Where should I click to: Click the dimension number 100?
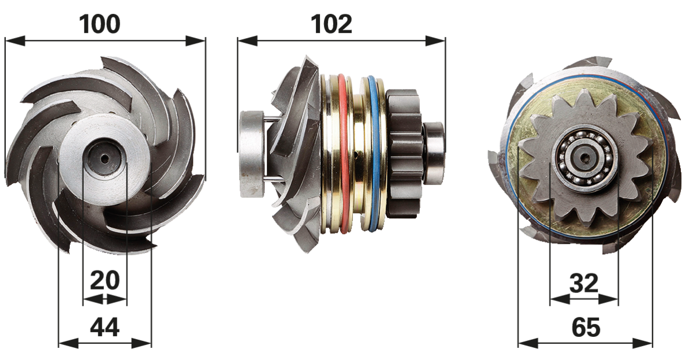click(x=99, y=24)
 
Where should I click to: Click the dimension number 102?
click(x=331, y=24)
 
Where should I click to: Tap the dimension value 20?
click(x=105, y=280)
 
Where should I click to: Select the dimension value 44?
click(x=105, y=327)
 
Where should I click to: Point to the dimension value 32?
click(x=584, y=283)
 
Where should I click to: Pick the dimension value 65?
click(x=586, y=327)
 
